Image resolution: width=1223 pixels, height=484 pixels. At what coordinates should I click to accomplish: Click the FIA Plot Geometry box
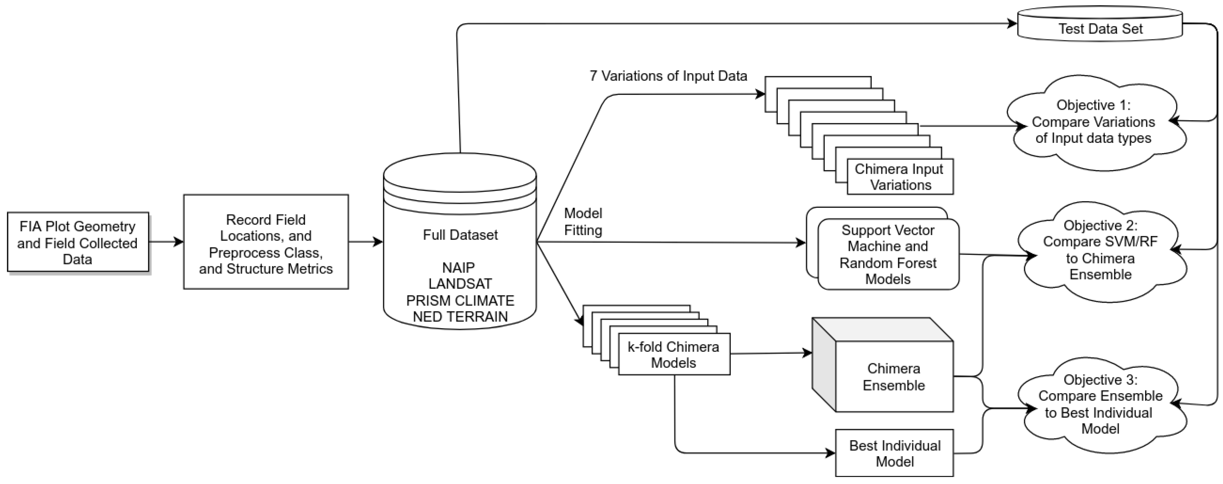click(78, 242)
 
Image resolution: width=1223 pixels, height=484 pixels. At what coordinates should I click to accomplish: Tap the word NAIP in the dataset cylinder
click(458, 268)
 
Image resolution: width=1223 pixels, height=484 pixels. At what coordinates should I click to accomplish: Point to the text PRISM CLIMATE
click(460, 300)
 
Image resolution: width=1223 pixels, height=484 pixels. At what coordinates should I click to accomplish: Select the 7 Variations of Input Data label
click(668, 76)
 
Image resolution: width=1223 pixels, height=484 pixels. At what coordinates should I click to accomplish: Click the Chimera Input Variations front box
click(900, 177)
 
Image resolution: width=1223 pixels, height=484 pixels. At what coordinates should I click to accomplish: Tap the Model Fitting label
click(583, 222)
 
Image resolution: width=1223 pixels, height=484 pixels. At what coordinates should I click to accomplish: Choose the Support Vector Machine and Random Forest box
click(888, 254)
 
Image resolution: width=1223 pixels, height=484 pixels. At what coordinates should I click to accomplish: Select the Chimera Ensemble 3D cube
click(893, 377)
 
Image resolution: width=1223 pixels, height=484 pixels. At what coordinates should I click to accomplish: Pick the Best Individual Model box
click(894, 453)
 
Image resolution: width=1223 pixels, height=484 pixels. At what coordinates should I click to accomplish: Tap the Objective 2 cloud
click(1100, 250)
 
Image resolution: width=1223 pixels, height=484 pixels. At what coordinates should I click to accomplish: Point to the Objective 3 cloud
click(1100, 404)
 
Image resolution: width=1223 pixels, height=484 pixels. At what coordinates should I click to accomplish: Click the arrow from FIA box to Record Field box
click(166, 242)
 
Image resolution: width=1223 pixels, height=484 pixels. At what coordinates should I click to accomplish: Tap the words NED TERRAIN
click(460, 316)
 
